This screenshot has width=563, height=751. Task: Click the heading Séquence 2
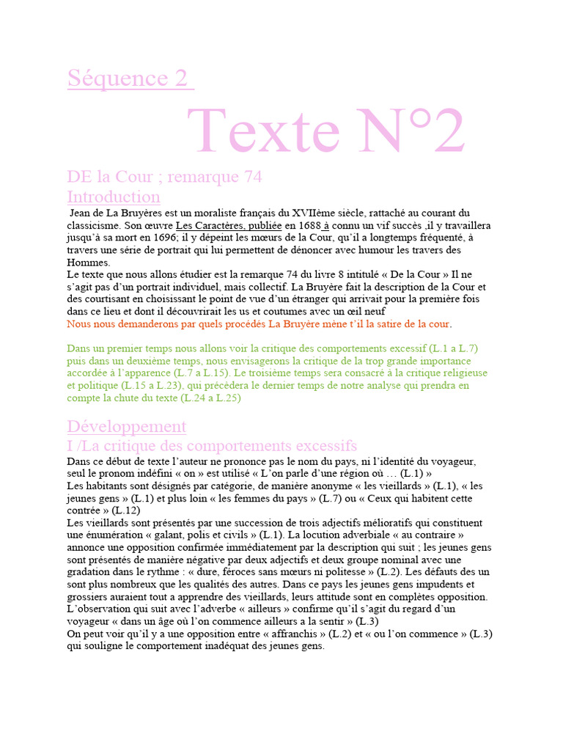point(130,78)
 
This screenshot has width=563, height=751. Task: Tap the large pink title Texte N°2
point(326,131)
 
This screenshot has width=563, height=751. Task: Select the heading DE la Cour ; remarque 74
point(164,177)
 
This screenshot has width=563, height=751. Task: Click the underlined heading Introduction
point(114,197)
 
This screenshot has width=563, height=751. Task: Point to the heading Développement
point(127,426)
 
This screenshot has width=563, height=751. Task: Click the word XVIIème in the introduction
point(314,213)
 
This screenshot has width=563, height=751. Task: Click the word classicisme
point(97,226)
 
